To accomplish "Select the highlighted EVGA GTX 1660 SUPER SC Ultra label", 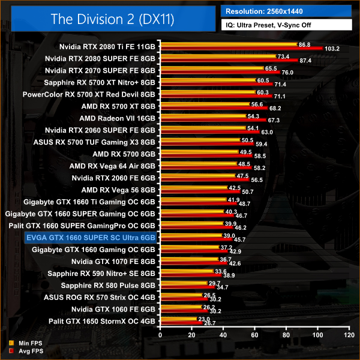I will (x=91, y=238).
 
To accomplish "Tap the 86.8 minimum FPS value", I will (x=304, y=44).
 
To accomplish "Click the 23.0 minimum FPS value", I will (x=203, y=319).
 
